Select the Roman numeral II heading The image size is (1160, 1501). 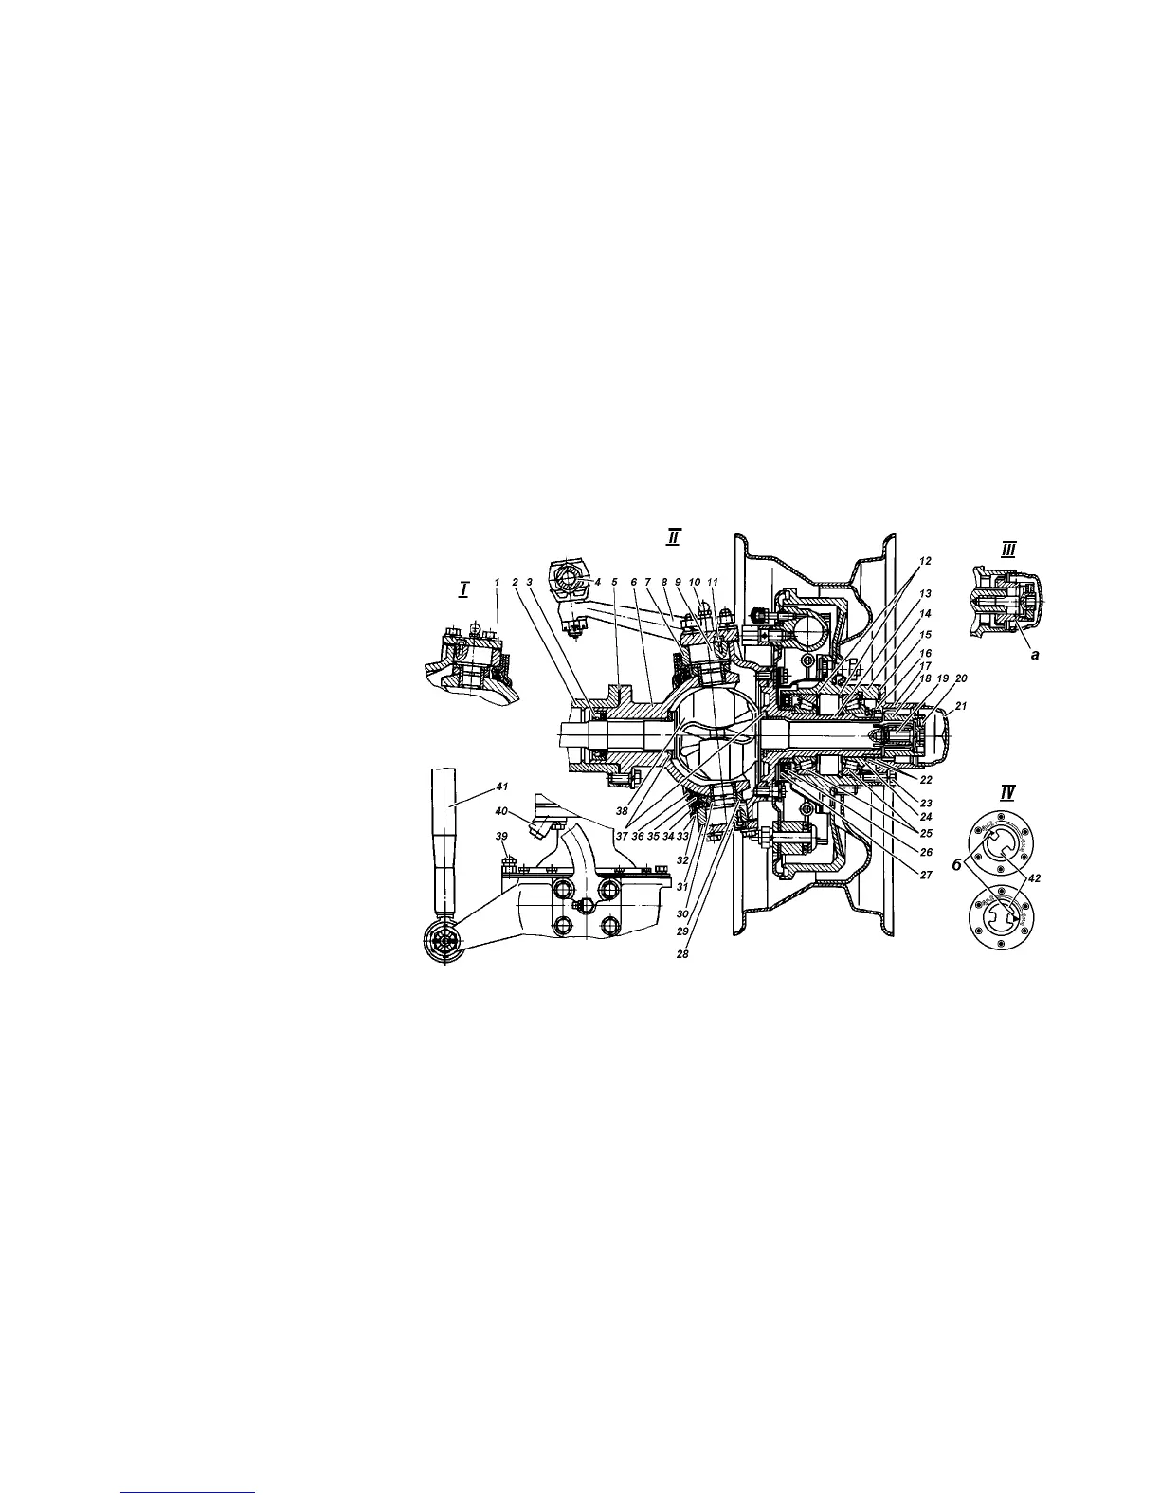(x=673, y=537)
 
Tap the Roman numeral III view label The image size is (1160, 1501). (x=1008, y=549)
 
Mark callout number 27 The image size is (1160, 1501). (x=925, y=877)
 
